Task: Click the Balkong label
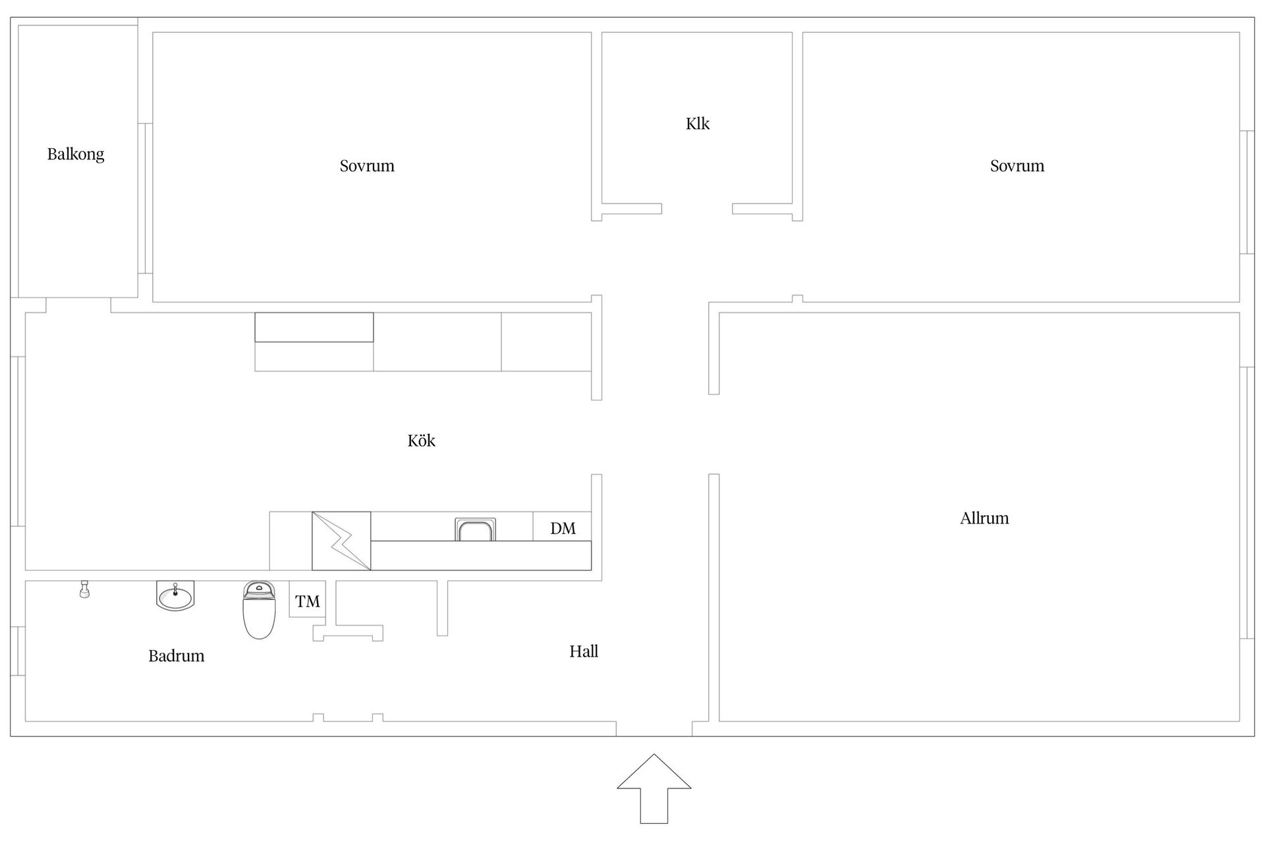(76, 155)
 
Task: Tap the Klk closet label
(698, 124)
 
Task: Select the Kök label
(422, 441)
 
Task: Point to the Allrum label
(984, 518)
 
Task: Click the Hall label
(584, 651)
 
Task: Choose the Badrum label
(177, 656)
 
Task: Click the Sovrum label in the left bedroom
(367, 166)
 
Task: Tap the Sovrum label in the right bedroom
(1017, 166)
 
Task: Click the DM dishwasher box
(562, 526)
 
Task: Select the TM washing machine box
(308, 599)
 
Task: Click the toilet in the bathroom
(259, 610)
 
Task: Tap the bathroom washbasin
(175, 595)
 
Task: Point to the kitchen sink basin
(475, 530)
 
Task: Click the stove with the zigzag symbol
(341, 541)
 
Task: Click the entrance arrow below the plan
(654, 788)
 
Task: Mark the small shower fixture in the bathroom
(84, 589)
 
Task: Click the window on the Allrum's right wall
(1247, 503)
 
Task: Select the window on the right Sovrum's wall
(1247, 192)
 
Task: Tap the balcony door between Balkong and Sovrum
(145, 198)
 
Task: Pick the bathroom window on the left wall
(18, 651)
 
